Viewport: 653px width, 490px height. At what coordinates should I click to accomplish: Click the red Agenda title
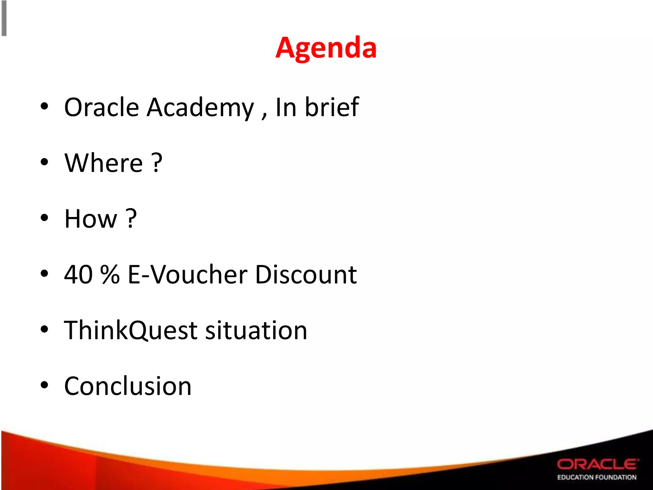(326, 48)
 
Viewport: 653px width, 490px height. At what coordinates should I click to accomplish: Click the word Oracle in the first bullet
(101, 107)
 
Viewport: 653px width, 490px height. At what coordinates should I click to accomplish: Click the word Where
(104, 163)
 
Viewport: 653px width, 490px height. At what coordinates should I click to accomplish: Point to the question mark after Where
(157, 163)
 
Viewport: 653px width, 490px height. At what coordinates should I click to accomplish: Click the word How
(91, 219)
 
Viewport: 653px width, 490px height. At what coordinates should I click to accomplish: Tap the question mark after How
(131, 219)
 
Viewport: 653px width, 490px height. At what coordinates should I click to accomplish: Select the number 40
(78, 275)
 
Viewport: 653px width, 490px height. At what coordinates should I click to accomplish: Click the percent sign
(110, 275)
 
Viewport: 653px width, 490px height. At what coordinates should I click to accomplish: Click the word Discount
(306, 275)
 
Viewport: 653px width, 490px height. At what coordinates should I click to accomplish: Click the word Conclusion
(128, 386)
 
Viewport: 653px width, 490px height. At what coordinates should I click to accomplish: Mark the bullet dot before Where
(44, 162)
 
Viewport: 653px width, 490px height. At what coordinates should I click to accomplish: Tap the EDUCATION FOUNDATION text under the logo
(597, 477)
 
